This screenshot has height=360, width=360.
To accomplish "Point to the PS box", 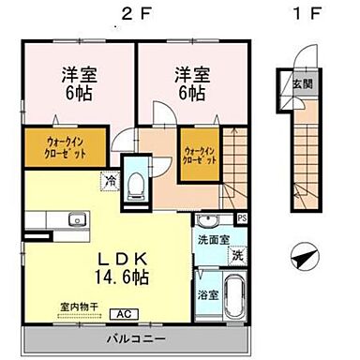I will (242, 219).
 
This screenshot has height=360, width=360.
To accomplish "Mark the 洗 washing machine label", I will (238, 255).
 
